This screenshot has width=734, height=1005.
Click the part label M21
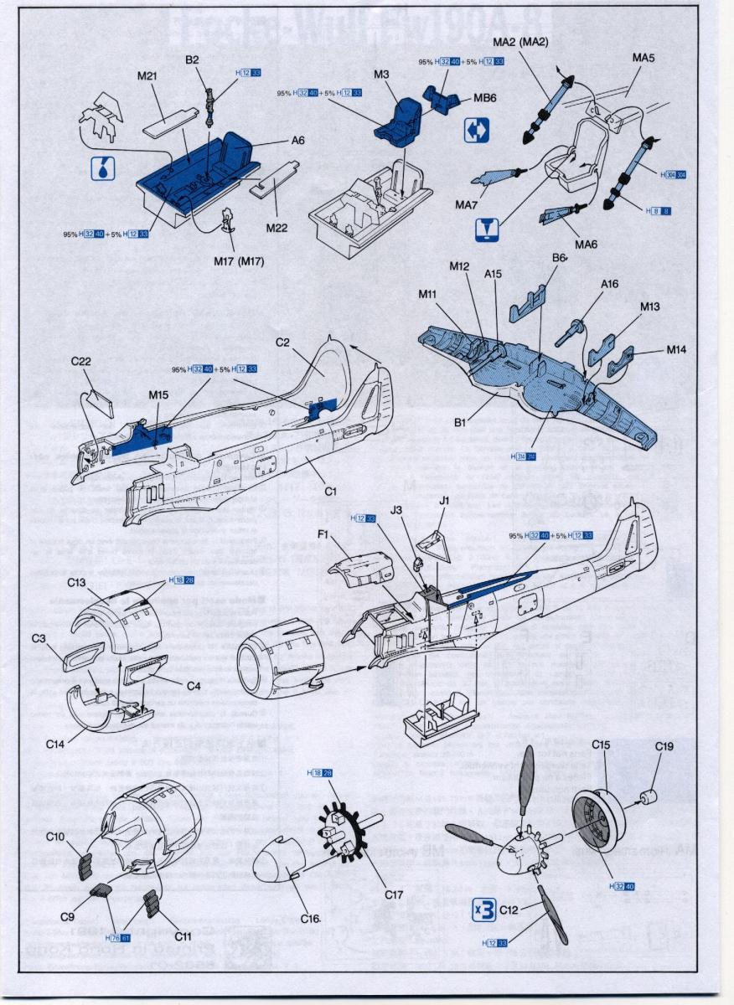147,75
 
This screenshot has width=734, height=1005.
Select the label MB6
485,98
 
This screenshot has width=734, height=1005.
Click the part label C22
81,361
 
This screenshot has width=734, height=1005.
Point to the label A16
609,284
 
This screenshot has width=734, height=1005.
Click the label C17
395,894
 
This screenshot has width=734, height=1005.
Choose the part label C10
55,837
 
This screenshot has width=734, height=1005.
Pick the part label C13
77,582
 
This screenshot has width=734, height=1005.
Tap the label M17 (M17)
238,261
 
